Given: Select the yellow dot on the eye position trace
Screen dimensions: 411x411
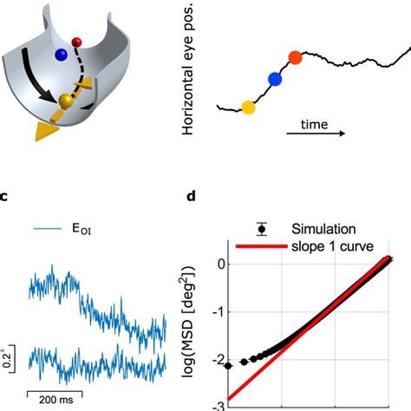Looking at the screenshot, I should pos(249,108).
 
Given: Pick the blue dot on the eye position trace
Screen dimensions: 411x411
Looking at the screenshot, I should pos(276,80).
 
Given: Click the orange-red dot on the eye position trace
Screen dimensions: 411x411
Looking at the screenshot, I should pos(295,58).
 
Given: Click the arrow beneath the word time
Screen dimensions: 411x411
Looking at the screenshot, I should pos(317,136).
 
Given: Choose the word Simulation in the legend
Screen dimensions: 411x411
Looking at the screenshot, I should pos(323,229).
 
